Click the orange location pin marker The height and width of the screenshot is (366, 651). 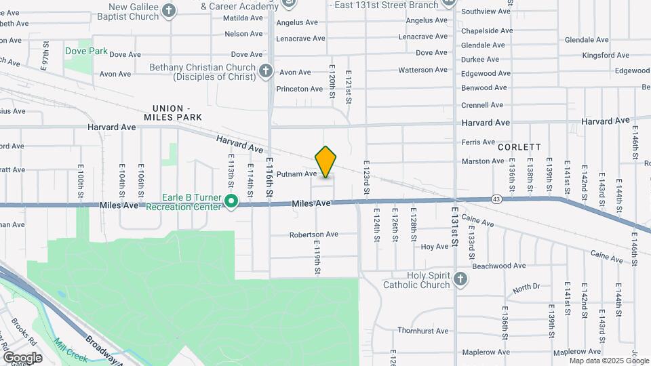point(326,161)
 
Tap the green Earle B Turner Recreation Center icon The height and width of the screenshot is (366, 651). point(231,201)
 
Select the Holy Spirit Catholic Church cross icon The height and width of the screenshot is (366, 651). point(460,279)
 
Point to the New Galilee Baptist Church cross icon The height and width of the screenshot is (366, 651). point(169,10)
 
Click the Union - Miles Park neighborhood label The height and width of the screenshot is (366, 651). point(173,113)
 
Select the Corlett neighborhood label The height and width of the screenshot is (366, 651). point(519,146)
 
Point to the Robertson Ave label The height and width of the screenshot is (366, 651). point(313,235)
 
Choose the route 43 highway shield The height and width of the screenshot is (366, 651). point(496,199)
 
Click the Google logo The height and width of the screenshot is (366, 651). point(22,357)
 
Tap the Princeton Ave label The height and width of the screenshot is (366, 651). point(300,89)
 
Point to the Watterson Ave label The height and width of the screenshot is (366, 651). point(423,70)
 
